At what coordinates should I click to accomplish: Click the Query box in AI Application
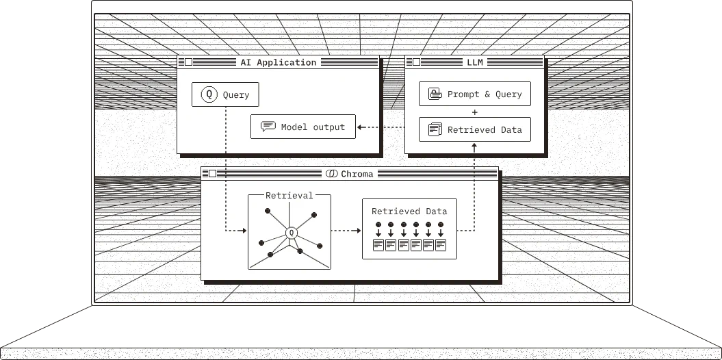pos(225,94)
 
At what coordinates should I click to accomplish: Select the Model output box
pos(303,127)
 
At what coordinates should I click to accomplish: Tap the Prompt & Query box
pos(475,94)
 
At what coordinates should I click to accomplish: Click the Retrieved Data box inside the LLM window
pos(475,129)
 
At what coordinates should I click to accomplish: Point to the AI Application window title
pos(278,62)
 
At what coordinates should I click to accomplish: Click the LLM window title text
pos(475,62)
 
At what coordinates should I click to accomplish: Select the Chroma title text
pos(357,174)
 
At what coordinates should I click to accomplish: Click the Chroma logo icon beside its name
pos(331,174)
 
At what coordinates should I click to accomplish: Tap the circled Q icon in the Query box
pos(209,94)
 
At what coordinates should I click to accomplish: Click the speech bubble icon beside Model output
pos(268,127)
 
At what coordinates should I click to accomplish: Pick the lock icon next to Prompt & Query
pos(435,94)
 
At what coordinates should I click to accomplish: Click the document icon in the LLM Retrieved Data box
pos(435,129)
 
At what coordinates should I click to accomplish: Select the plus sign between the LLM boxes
pos(475,112)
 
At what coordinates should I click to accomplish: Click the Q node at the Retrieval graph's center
pos(291,233)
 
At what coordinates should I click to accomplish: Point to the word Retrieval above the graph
pos(289,196)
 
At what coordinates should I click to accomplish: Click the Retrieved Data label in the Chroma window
pos(409,211)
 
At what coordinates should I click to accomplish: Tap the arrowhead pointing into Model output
pos(359,127)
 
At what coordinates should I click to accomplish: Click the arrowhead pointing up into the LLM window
pos(475,146)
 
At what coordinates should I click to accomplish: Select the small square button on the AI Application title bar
pos(188,62)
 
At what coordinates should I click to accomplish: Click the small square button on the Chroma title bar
pos(212,174)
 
